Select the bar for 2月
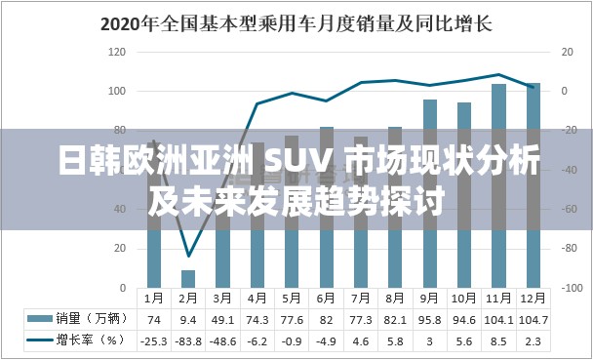pos(188,277)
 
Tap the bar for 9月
pos(430,195)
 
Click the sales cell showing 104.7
pos(534,318)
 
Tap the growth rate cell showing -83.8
pos(188,340)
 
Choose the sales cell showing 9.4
pos(188,318)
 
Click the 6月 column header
pos(327,297)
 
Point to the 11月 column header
pos(498,297)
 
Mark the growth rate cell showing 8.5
pos(498,340)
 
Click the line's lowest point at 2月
pos(188,256)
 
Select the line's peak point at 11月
pos(498,74)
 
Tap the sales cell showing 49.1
pos(222,318)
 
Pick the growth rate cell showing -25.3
pos(153,340)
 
